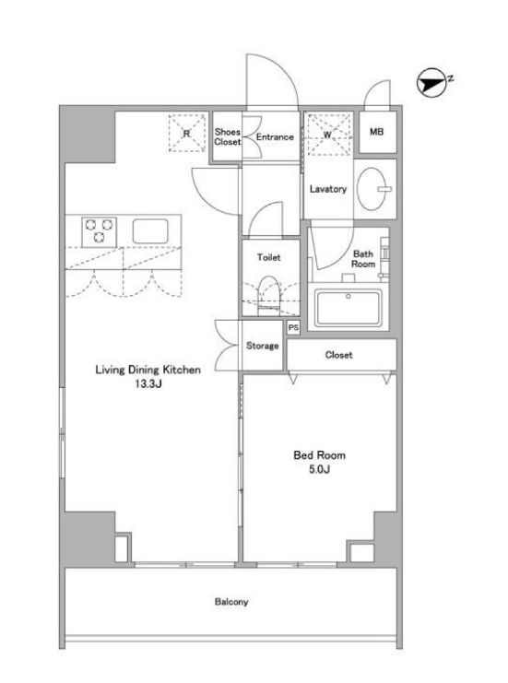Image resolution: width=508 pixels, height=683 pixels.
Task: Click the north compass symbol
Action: pos(432,82)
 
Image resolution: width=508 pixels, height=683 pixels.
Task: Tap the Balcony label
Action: pos(231,602)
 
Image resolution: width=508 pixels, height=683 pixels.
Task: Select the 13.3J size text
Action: pos(148,383)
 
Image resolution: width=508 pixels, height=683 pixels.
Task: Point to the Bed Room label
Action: pos(319,455)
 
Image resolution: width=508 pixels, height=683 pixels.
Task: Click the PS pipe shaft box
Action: pos(293,327)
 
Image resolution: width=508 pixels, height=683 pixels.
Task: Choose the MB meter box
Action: pos(377,132)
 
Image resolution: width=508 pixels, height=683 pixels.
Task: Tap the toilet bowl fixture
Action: pos(269,295)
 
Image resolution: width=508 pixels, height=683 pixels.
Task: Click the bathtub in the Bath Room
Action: pos(349,308)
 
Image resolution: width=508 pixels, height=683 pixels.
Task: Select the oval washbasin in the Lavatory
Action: pos(372,189)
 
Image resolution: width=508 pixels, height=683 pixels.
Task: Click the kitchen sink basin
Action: pos(150,231)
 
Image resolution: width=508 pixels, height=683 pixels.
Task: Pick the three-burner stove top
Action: pos(100,231)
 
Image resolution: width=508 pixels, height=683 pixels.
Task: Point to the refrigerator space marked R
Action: pos(187,133)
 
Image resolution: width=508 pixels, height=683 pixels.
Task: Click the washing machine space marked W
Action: pos(328,135)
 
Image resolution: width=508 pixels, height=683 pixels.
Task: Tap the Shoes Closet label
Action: pos(227,136)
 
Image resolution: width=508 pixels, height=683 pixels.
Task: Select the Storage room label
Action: pos(262,346)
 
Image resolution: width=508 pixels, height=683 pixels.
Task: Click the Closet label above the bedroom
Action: pos(338,355)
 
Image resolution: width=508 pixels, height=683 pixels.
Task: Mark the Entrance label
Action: pos(275,136)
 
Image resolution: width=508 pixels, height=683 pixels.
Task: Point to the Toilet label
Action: pos(269,257)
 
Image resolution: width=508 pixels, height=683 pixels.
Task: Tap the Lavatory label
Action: pos(328,189)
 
